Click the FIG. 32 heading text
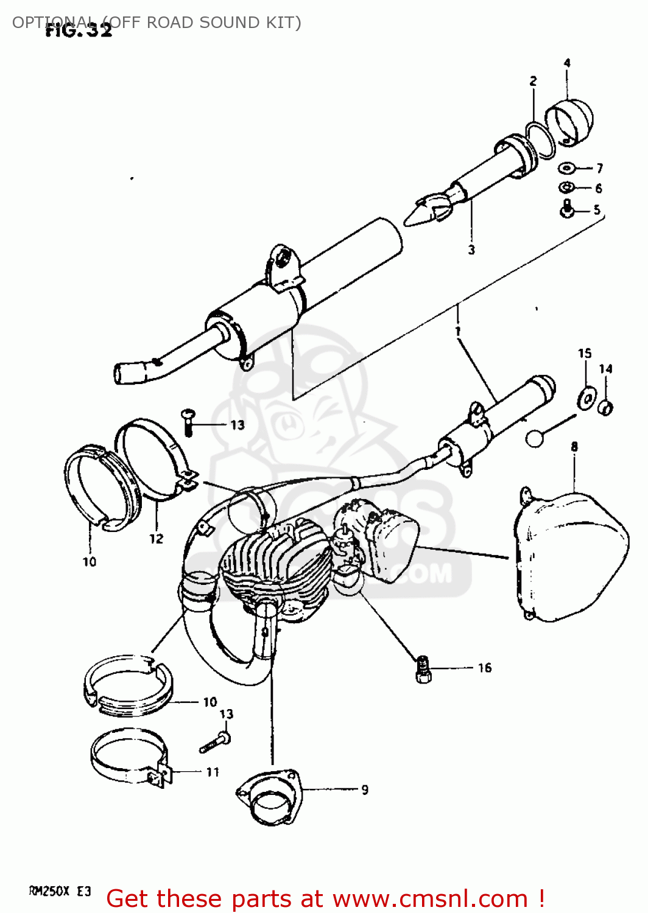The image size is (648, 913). coord(79,30)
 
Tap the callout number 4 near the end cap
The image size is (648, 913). coord(567,63)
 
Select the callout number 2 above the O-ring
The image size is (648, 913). coord(534,81)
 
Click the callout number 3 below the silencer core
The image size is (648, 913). coord(471,250)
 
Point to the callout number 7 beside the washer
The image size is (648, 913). coord(600,168)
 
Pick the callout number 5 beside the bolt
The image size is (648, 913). coord(597,210)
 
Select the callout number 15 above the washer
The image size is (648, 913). coord(585,353)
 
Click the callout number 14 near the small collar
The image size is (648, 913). coord(605,369)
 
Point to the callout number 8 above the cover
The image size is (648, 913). coord(574,447)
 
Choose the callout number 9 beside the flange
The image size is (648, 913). coord(365,789)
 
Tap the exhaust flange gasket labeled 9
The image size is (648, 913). coord(269,797)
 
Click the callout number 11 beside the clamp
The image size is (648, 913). coord(213,772)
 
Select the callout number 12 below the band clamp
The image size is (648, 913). coord(157,539)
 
